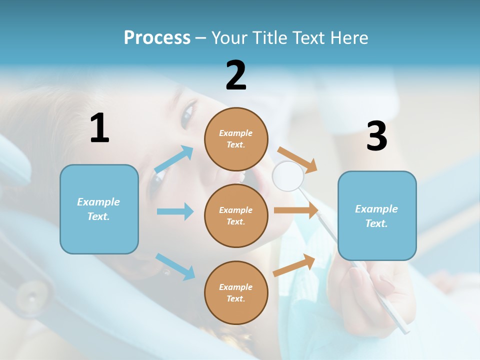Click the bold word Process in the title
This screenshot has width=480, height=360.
157,37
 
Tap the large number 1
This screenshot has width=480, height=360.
99,128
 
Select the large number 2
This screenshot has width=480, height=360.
236,75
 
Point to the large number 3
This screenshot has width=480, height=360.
376,136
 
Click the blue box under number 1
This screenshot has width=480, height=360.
99,209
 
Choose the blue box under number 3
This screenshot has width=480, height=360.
377,215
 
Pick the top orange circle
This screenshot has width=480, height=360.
236,139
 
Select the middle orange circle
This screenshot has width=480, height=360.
236,215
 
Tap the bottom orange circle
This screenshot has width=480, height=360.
236,292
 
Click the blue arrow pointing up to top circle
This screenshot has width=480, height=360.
174,160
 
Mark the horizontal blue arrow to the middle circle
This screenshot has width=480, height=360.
175,211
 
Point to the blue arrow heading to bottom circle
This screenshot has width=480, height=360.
175,266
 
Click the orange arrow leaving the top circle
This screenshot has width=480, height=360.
298,160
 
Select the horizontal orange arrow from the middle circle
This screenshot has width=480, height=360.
296,210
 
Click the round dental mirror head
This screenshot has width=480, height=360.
288,175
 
